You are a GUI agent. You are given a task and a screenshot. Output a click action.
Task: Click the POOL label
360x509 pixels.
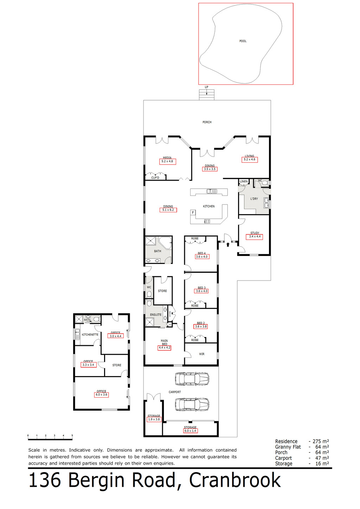(243, 41)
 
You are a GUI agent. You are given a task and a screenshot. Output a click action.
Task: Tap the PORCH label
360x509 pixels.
(207, 122)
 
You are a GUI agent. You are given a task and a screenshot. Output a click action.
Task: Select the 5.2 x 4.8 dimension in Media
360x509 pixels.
(167, 161)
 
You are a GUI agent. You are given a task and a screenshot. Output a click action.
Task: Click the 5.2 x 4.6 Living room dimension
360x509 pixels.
(249, 160)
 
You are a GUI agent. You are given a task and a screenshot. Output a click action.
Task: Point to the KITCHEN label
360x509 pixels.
(208, 206)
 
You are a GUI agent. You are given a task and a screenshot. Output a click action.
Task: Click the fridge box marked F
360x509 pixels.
(193, 213)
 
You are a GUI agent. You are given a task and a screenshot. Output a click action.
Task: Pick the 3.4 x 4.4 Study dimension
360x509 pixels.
(255, 237)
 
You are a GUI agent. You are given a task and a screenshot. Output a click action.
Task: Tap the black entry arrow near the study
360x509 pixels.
(228, 245)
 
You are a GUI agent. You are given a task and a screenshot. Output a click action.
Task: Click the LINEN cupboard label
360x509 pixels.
(244, 181)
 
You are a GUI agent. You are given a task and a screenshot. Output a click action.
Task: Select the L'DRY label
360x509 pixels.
(254, 199)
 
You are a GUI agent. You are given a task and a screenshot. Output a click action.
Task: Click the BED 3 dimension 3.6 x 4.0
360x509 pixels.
(201, 291)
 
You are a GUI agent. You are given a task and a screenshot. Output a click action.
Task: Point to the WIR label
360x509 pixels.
(201, 354)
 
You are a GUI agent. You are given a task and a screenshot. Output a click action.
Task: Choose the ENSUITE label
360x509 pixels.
(156, 315)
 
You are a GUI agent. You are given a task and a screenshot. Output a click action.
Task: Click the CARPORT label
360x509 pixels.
(175, 392)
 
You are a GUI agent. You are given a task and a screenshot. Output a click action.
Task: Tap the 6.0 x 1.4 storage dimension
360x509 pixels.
(190, 431)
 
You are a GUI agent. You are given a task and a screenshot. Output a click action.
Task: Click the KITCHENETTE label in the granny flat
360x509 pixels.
(90, 335)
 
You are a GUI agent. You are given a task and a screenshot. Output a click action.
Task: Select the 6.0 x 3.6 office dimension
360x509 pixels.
(101, 395)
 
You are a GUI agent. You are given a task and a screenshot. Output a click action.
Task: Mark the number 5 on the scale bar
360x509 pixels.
(72, 436)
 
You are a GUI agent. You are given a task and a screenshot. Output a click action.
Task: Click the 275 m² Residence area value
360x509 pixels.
(321, 441)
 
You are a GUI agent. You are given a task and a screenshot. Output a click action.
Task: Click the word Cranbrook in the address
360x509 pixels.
(235, 481)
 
